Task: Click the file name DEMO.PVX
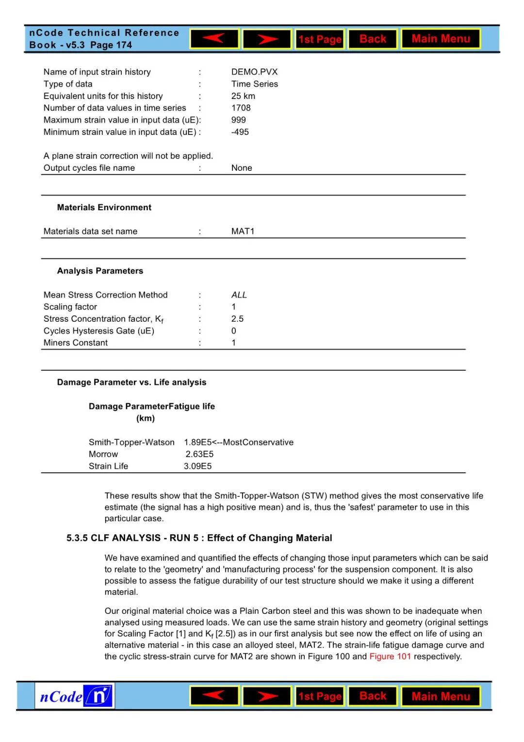tap(254, 72)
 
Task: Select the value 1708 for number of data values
tap(241, 108)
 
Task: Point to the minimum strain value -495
tap(240, 132)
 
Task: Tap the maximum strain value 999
tap(238, 120)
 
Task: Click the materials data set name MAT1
tap(243, 231)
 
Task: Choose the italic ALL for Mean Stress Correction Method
tap(239, 295)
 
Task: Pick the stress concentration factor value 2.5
tap(237, 319)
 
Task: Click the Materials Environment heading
tap(104, 208)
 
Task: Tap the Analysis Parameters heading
tap(100, 271)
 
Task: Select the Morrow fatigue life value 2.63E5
tap(199, 454)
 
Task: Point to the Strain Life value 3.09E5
tap(197, 466)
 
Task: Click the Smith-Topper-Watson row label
tap(131, 443)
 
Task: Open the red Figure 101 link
tap(390, 657)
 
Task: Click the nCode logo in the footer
tap(75, 696)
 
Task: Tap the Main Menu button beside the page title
tap(441, 39)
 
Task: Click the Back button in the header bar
tap(373, 39)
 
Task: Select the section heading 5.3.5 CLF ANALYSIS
tap(199, 538)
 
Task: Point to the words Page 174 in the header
tap(111, 45)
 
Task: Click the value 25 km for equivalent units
tap(243, 96)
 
